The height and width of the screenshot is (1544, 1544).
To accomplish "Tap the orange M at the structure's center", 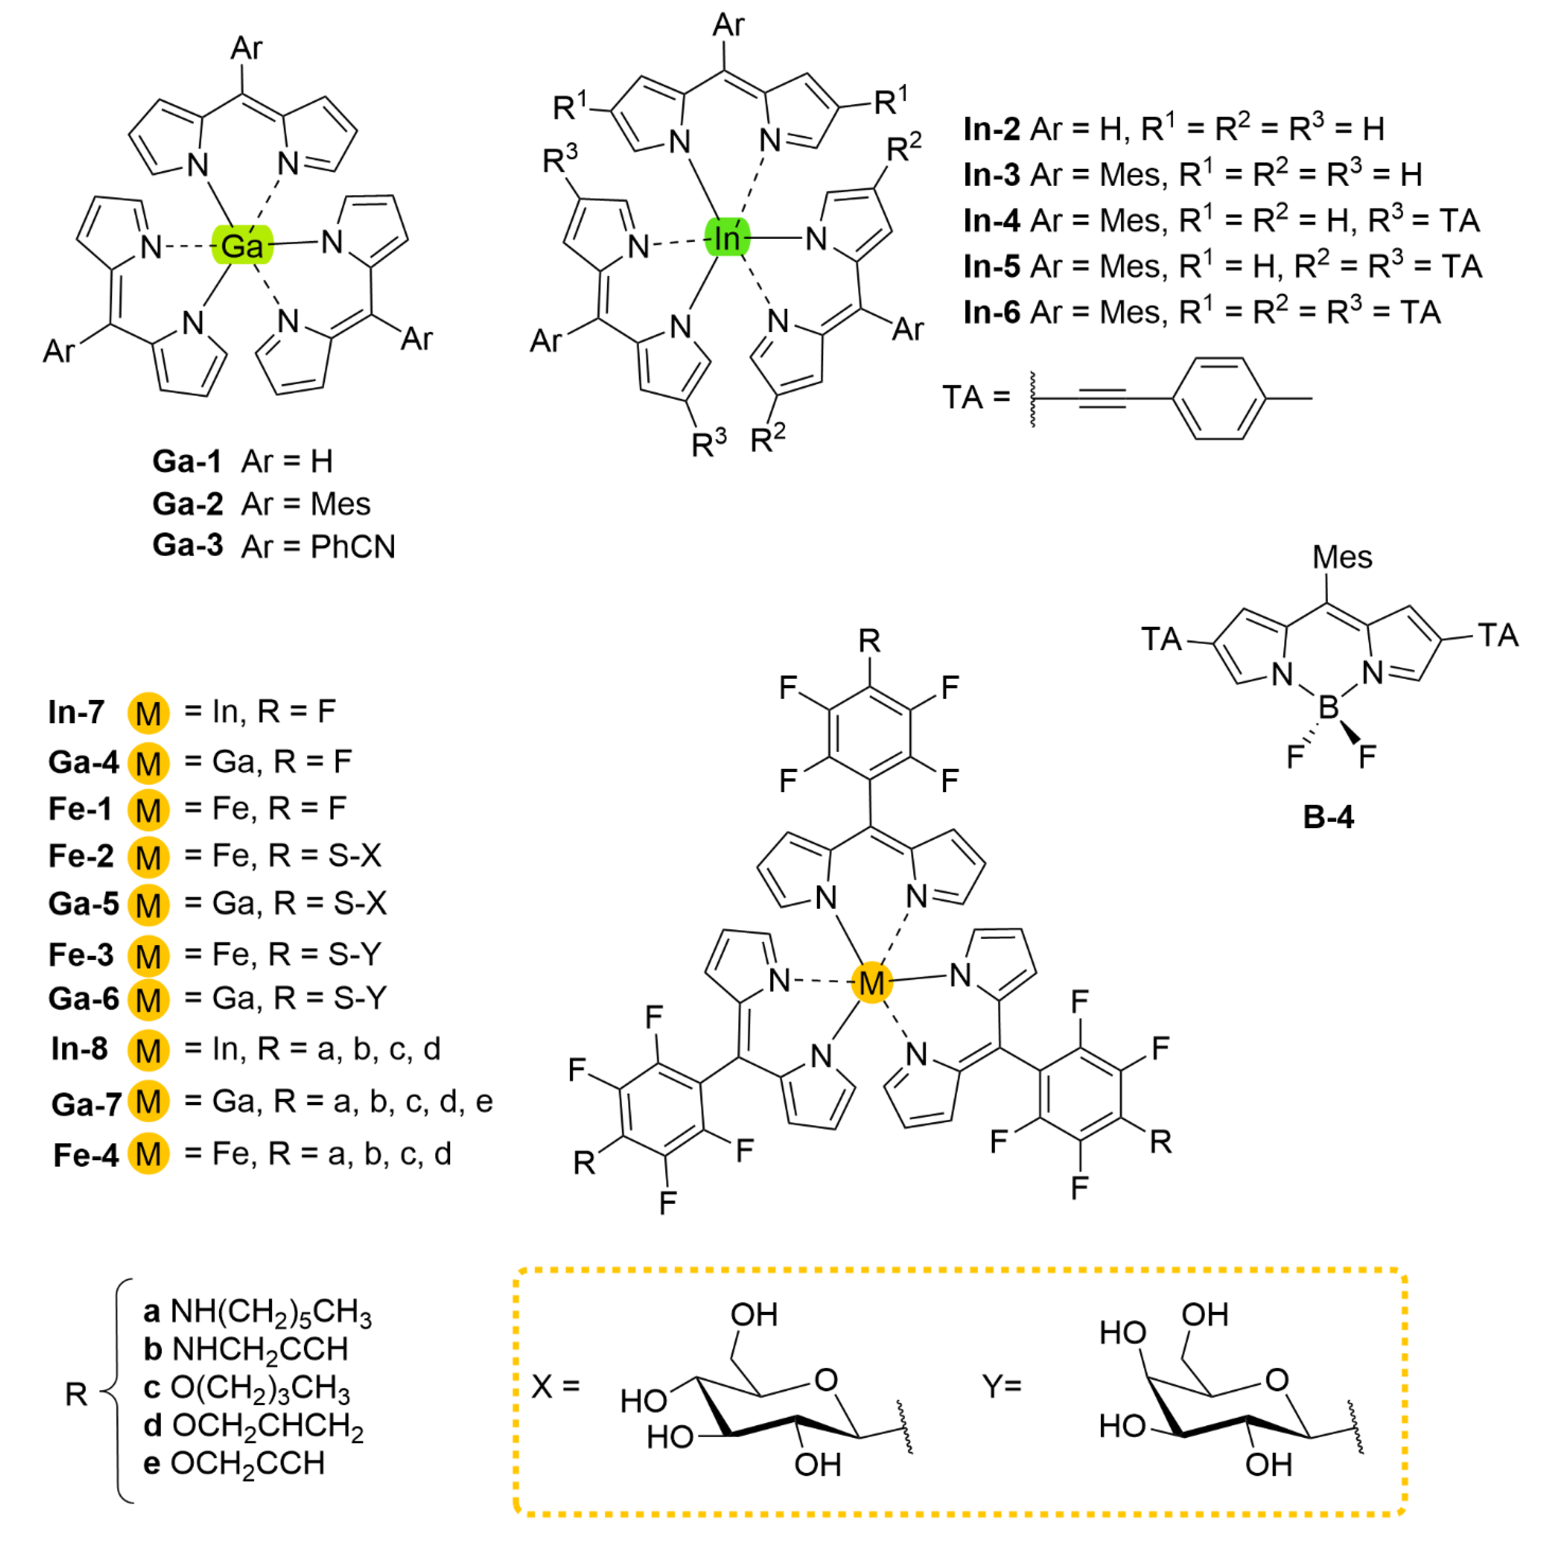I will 871,982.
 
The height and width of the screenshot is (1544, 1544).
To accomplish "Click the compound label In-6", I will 991,312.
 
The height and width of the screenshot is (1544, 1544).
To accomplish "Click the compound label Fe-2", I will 81,856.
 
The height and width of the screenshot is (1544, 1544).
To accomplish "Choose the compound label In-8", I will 79,1048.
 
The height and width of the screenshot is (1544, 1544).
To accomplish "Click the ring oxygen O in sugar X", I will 826,1380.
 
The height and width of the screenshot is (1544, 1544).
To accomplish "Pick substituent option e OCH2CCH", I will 234,1463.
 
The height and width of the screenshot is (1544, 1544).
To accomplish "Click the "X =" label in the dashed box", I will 555,1386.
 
